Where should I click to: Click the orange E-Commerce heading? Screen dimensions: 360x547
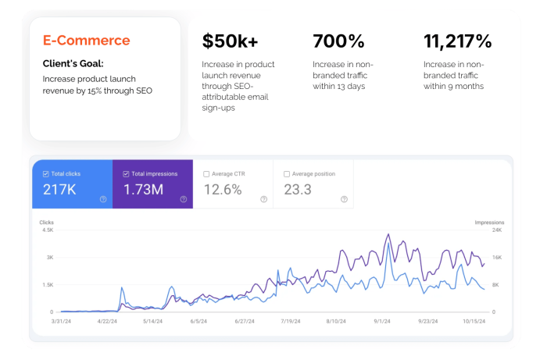[x=86, y=41]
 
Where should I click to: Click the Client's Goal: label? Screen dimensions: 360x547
[x=74, y=63]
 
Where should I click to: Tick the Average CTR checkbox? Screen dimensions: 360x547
[x=206, y=174]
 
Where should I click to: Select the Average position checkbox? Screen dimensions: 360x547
[x=286, y=174]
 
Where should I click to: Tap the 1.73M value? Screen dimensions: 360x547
[x=142, y=190]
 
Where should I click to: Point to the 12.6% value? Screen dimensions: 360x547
[x=222, y=190]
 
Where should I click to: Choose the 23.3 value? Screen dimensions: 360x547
[x=297, y=190]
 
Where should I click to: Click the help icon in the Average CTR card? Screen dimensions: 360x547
[x=263, y=199]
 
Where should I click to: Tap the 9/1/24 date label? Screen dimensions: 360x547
[x=382, y=321]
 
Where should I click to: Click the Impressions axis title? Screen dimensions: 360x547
[x=489, y=222]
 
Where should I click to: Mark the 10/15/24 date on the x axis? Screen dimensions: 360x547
[x=474, y=321]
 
